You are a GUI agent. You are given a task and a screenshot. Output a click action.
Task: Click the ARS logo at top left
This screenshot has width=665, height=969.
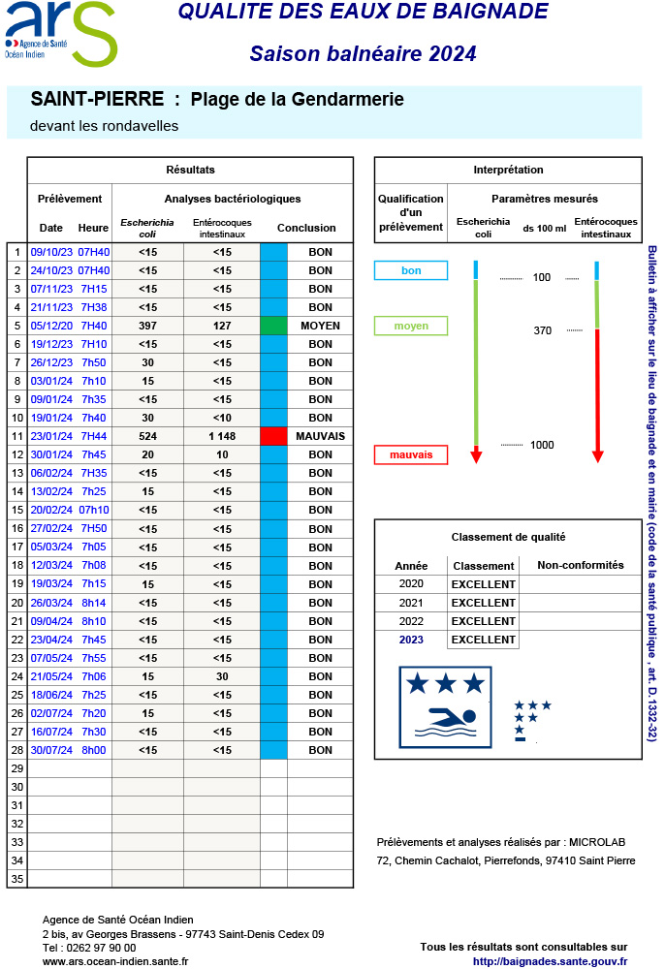point(60,34)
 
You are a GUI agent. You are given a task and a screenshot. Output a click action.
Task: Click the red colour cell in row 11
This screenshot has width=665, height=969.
point(273,436)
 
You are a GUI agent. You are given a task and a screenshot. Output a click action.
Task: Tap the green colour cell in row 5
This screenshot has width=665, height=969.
point(273,326)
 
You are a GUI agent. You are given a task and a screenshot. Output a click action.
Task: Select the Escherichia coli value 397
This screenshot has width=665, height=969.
point(147,326)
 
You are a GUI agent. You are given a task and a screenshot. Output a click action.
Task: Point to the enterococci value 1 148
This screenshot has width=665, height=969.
point(222,436)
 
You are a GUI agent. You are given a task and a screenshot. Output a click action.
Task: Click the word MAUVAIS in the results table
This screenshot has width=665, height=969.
point(320,436)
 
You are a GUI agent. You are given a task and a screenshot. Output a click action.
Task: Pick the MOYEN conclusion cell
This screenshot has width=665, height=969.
point(320,326)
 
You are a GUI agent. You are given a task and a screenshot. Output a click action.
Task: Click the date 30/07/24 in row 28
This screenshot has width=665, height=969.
point(51,750)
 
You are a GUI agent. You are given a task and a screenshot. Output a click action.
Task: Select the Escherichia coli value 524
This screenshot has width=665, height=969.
point(147,436)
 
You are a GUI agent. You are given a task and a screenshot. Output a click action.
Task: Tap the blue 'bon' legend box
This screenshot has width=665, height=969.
point(411,270)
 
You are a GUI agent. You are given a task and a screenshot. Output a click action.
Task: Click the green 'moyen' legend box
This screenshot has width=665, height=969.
point(411,326)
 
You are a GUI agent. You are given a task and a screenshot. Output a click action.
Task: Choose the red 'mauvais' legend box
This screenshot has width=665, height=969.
point(411,453)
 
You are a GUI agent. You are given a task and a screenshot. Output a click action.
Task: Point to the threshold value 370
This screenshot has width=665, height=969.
point(542,330)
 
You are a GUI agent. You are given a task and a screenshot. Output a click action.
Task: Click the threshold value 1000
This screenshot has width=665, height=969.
point(542,445)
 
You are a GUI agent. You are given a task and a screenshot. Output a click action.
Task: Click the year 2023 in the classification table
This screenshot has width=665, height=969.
point(411,640)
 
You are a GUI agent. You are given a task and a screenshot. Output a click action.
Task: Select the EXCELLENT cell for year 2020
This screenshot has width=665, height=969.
point(483,584)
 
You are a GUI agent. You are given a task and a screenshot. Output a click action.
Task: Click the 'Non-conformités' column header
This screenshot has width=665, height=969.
point(580,566)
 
